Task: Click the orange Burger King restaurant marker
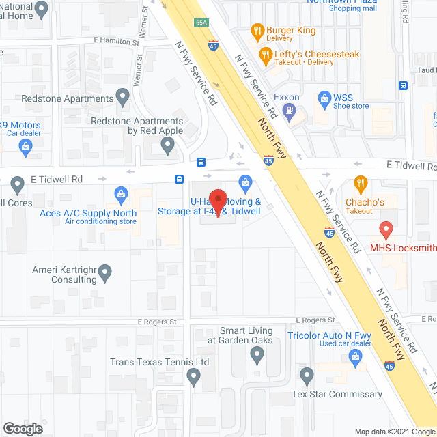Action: tap(257, 31)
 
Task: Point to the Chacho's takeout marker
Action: tap(361, 184)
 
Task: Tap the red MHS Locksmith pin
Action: tap(386, 230)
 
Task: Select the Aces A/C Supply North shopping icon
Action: tap(122, 195)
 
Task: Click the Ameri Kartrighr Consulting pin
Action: tap(104, 274)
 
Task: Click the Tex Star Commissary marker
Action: tap(307, 376)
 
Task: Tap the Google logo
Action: tap(23, 429)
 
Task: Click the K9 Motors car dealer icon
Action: tap(25, 145)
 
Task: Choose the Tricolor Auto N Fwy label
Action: tap(328, 335)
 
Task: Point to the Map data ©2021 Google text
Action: tap(393, 432)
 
